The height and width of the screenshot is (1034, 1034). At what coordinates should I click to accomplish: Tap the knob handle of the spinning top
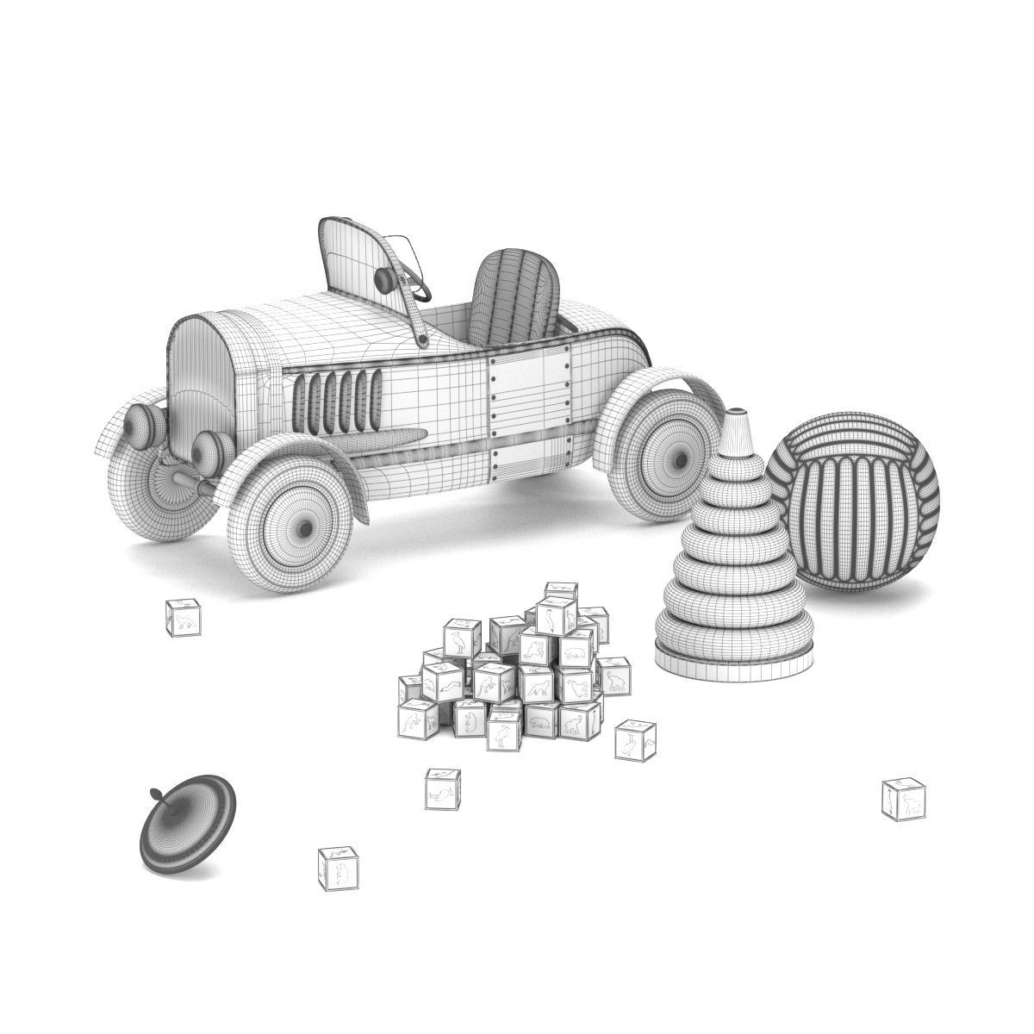(x=155, y=794)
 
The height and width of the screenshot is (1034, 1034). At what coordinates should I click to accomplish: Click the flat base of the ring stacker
(x=733, y=664)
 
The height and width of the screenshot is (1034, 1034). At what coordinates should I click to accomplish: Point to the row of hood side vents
(x=337, y=402)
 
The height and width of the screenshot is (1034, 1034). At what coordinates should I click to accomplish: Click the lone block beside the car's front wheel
(x=184, y=618)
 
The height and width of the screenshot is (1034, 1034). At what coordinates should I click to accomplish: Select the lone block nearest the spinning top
(x=339, y=869)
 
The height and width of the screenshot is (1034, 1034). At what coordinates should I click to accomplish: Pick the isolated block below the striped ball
(x=904, y=800)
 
